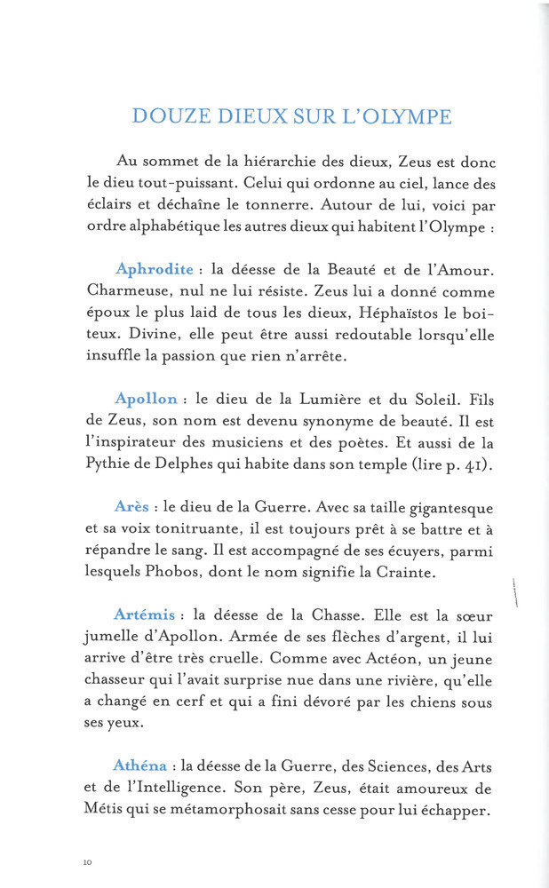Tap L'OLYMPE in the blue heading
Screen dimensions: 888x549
[x=403, y=116]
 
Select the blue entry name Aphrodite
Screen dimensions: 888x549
[x=153, y=269]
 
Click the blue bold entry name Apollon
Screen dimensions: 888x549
[x=146, y=399]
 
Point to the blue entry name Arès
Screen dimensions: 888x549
[x=131, y=506]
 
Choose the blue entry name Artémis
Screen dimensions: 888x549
[x=147, y=614]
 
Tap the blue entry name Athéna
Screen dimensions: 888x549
[x=140, y=765]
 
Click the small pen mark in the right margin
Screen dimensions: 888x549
[x=515, y=591]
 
